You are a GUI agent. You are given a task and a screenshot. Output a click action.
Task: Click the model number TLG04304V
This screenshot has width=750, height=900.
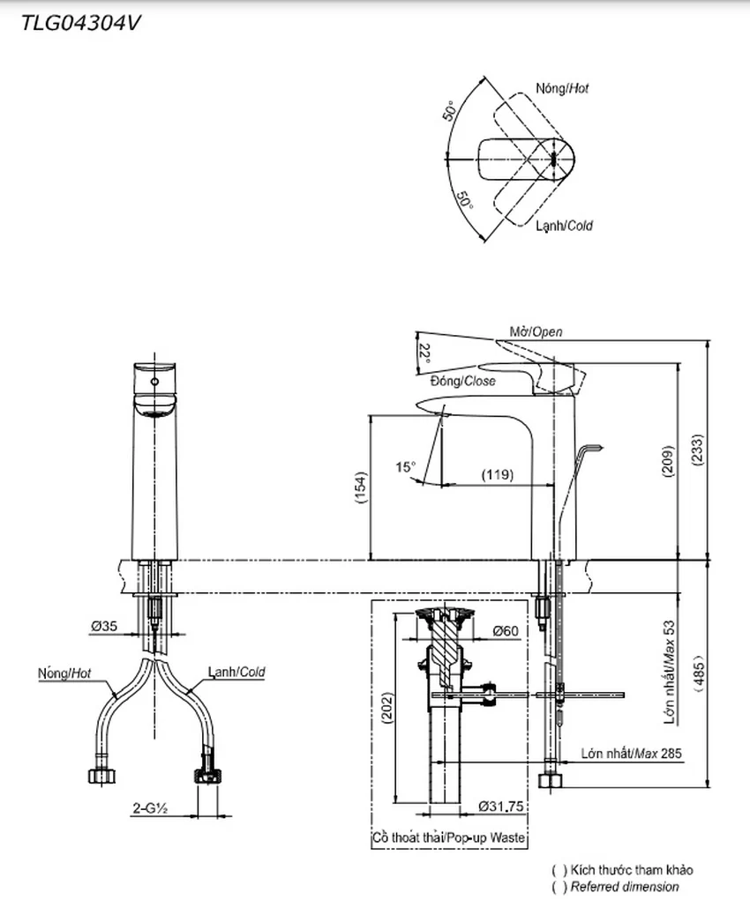pos(80,23)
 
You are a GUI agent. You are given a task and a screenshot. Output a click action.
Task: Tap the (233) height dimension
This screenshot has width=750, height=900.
pos(697,450)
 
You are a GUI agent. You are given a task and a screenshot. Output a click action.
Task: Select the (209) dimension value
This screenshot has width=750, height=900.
pos(668,461)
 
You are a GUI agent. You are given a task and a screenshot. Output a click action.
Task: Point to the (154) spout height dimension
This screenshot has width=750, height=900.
pos(361,487)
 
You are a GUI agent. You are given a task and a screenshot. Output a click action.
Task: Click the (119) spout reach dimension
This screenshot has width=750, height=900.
pos(498,474)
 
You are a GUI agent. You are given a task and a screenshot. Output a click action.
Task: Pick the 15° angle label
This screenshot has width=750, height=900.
pos(405,466)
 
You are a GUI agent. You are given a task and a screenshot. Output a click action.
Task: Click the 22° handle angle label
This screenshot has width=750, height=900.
pos(424,355)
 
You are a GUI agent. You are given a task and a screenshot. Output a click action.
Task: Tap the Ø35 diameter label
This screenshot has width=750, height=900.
pos(104,626)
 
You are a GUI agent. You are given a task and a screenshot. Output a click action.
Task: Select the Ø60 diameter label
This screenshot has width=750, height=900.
pos(506,631)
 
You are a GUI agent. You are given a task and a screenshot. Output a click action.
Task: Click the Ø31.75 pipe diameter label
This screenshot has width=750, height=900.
pos(501,807)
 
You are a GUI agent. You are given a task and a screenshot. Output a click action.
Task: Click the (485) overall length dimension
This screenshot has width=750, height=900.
pos(699,673)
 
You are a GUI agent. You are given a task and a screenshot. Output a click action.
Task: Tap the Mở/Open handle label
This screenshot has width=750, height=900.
pos(536,331)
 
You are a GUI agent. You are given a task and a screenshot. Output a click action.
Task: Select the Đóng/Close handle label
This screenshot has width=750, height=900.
pos(463,381)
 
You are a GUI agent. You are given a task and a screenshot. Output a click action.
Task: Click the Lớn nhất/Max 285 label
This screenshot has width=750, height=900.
pos(631,753)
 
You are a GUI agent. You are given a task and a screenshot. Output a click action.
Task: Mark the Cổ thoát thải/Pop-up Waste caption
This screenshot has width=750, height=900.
pos(449,837)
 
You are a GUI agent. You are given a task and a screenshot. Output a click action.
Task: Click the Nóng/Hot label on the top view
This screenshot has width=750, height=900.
pos(562,88)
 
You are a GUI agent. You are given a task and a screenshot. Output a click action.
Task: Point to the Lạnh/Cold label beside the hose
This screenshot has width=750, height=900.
pos(236,672)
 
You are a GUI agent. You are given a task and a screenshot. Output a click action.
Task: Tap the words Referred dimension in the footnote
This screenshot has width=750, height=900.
pos(625,887)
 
